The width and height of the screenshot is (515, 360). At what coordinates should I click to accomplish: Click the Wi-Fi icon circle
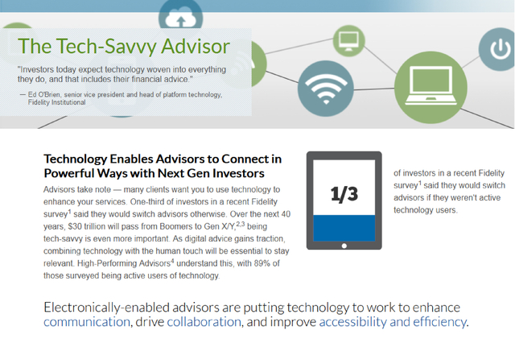[x=326, y=89]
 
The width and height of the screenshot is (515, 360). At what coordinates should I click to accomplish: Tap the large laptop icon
[x=431, y=87]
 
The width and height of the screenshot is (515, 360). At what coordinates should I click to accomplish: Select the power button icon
[x=499, y=49]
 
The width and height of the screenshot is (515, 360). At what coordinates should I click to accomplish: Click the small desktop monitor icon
[x=348, y=41]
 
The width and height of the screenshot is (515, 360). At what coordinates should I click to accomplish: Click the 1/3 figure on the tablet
[x=344, y=193]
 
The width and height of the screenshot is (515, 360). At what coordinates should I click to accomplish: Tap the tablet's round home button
[x=344, y=246]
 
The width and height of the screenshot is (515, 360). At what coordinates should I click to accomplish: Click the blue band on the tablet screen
[x=344, y=228]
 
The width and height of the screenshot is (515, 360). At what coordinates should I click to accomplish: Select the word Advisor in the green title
[x=196, y=46]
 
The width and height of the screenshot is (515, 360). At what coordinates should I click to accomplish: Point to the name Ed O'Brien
[x=44, y=95]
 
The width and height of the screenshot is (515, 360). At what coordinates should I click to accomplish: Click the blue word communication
[x=87, y=321]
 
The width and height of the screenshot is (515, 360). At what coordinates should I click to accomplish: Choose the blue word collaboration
[x=204, y=321]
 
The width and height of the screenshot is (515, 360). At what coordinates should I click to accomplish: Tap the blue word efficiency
[x=439, y=322]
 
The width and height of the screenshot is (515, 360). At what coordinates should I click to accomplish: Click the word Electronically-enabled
[x=107, y=308]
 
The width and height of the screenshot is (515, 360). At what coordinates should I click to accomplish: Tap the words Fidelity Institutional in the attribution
[x=56, y=102]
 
